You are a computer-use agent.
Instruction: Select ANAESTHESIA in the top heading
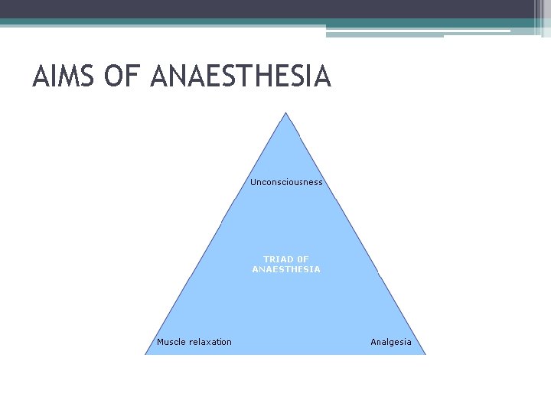click(241, 77)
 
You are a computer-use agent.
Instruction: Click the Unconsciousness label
click(286, 182)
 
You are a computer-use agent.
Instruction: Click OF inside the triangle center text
click(302, 259)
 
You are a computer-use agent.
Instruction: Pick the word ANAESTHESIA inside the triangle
click(286, 269)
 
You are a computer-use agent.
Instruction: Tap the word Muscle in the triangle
click(171, 342)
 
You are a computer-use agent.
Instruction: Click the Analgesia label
click(391, 342)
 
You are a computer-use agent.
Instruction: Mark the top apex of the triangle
click(285, 114)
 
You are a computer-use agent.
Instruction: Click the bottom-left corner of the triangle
click(146, 353)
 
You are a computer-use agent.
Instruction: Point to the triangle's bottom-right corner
click(425, 353)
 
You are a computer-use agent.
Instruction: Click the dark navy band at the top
click(268, 9)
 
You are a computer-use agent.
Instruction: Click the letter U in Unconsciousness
click(253, 182)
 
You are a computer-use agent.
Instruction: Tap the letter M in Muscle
click(161, 342)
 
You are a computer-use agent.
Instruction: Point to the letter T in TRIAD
click(266, 259)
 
